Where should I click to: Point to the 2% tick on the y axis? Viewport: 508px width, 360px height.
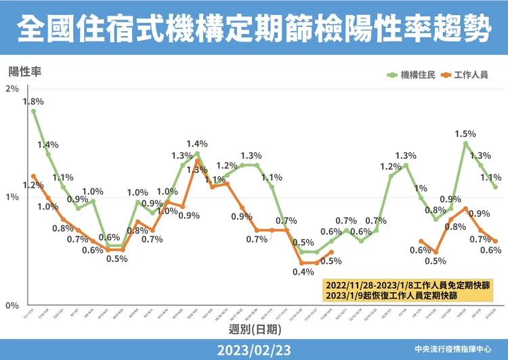(x=12, y=89)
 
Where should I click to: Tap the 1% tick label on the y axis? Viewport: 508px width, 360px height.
(x=12, y=197)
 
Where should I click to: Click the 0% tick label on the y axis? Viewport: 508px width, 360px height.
(x=12, y=306)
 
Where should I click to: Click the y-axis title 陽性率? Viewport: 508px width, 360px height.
(x=25, y=71)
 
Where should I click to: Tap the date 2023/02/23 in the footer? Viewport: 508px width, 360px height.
(x=254, y=349)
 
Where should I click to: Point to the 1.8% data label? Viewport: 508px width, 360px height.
(x=33, y=102)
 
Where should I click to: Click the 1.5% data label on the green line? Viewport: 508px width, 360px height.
(x=465, y=134)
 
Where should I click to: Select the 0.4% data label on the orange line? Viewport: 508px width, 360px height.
(x=303, y=273)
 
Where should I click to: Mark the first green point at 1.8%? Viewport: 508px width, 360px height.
(x=33, y=111)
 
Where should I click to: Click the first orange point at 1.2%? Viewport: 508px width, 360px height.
(x=33, y=176)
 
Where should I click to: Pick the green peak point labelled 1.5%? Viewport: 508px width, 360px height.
(x=465, y=144)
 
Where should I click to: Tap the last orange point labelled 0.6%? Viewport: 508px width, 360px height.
(x=495, y=241)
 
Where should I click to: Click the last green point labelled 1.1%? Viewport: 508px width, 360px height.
(x=495, y=187)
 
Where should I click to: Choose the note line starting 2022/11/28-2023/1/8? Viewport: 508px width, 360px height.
(x=407, y=283)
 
